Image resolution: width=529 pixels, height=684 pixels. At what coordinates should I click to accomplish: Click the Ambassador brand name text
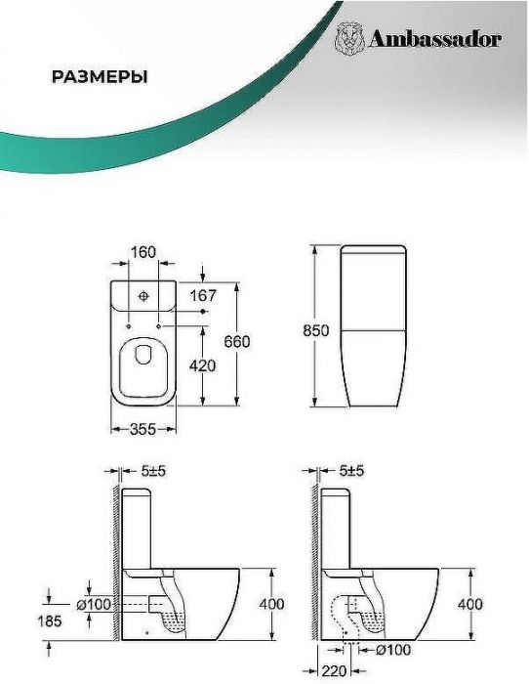[x=435, y=40]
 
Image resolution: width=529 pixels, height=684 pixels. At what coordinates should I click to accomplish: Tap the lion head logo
[x=349, y=38]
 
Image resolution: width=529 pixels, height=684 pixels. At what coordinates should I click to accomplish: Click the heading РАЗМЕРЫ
[x=100, y=77]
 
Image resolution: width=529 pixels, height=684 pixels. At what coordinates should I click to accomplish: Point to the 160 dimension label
[x=143, y=252]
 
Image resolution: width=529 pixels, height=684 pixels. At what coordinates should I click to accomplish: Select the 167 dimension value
[x=203, y=296]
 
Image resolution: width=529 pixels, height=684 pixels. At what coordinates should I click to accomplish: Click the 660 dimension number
[x=237, y=342]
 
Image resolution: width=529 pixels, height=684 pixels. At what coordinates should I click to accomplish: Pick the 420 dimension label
[x=202, y=365]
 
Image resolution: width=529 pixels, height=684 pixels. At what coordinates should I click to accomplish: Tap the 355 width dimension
[x=142, y=430]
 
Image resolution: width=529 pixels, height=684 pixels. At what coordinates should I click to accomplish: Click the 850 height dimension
[x=316, y=330]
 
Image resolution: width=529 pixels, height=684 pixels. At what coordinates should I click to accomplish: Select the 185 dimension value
[x=50, y=620]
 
